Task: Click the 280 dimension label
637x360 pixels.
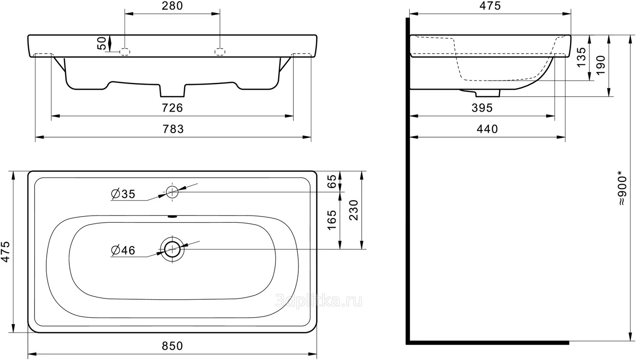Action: coord(172,6)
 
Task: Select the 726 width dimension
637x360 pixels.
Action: coord(172,108)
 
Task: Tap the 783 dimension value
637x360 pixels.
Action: coord(173,130)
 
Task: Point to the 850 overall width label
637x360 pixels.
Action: coord(172,346)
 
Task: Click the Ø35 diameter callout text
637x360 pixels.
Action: coord(123,194)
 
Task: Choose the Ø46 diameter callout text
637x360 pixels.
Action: coord(123,250)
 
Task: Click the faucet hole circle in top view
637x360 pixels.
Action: coord(172,192)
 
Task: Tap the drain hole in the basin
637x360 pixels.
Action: coord(172,249)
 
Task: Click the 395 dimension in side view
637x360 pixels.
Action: coord(482,108)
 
